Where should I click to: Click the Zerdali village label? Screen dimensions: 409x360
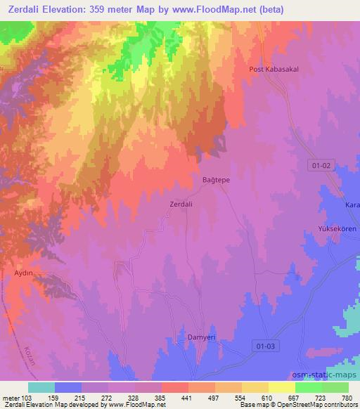click(x=181, y=204)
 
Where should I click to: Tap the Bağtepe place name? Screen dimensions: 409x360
click(x=217, y=180)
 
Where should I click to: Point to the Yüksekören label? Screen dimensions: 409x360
click(x=337, y=229)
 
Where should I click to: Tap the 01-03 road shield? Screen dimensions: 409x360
click(x=264, y=346)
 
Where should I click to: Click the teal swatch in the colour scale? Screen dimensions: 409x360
click(x=41, y=387)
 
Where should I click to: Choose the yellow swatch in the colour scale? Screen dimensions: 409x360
click(x=282, y=387)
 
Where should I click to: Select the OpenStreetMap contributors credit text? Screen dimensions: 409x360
click(x=321, y=405)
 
